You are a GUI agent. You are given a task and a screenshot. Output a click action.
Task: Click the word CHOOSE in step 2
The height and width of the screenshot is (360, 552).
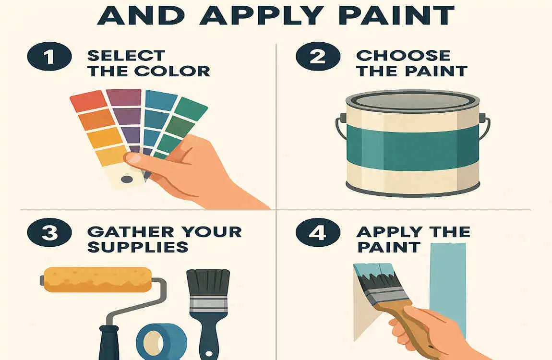(x=403, y=55)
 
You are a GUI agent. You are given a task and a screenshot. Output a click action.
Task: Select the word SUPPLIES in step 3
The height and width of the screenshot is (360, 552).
(x=137, y=247)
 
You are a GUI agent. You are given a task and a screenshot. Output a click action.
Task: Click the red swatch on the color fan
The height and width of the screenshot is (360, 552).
(x=88, y=101)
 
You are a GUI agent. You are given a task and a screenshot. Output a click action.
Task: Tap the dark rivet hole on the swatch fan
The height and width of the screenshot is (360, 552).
(x=127, y=180)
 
